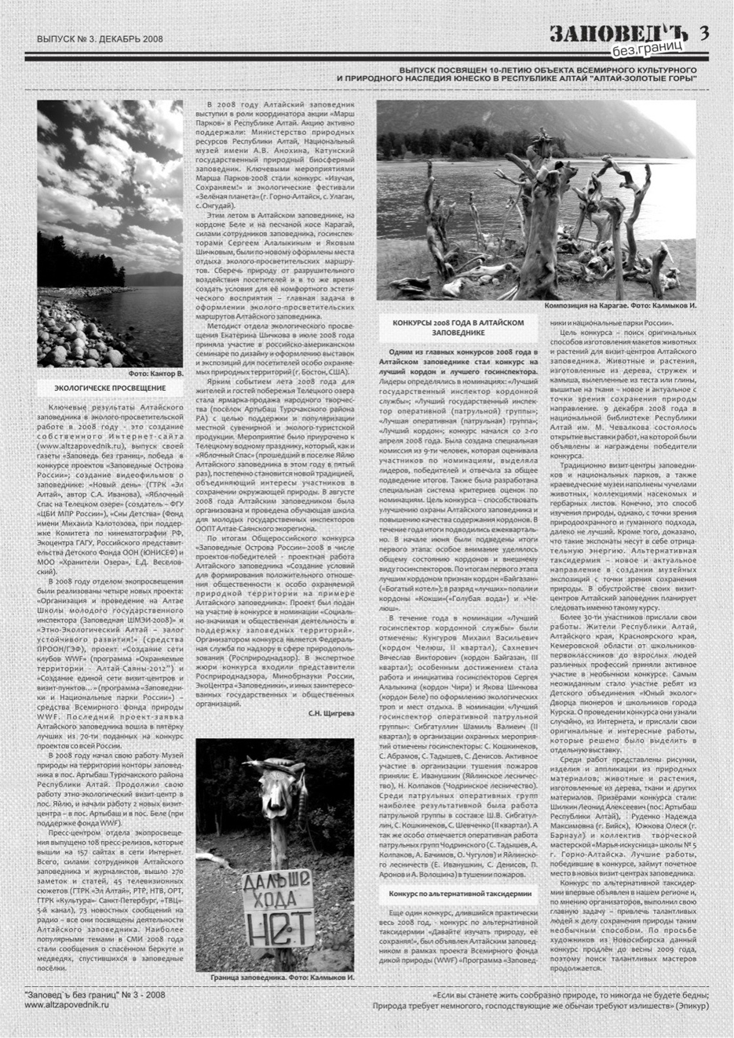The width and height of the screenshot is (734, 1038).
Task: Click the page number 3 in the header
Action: click(704, 32)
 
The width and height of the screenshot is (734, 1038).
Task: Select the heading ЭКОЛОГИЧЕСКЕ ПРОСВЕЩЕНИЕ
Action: click(110, 388)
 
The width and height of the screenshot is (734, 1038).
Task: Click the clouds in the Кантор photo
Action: click(110, 180)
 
